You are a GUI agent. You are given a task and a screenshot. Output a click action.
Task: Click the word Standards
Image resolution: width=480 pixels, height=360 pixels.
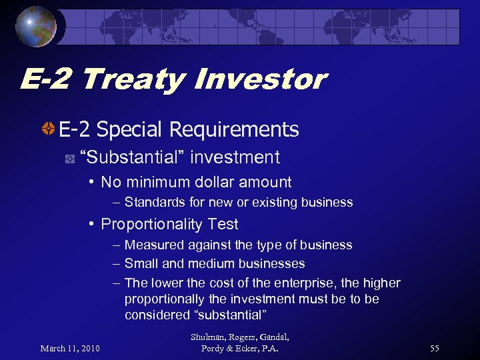[x=154, y=202]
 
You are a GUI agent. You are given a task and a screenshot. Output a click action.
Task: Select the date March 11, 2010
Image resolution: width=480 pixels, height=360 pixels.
[x=70, y=348]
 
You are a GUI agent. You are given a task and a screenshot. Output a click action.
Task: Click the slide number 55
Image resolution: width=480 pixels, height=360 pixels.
[x=435, y=348]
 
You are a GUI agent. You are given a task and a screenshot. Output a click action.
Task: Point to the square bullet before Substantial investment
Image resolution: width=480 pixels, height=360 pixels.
[x=69, y=159]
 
